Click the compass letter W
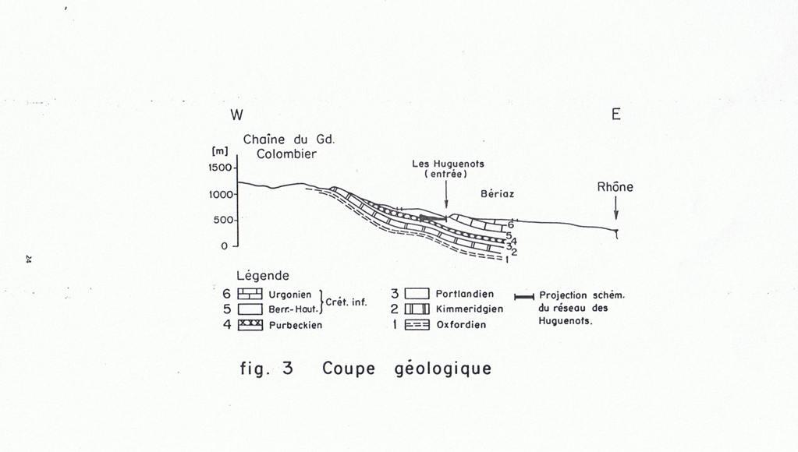coord(236,115)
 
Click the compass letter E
coord(615,115)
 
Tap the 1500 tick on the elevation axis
coord(222,168)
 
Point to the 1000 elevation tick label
coord(222,194)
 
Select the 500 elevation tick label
coord(224,220)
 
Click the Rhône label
coord(615,187)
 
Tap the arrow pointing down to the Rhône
coord(615,209)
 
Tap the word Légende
coord(263,276)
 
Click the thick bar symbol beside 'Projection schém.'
coord(524,296)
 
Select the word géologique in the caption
coord(438,368)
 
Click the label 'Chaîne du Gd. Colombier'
coord(286,147)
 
